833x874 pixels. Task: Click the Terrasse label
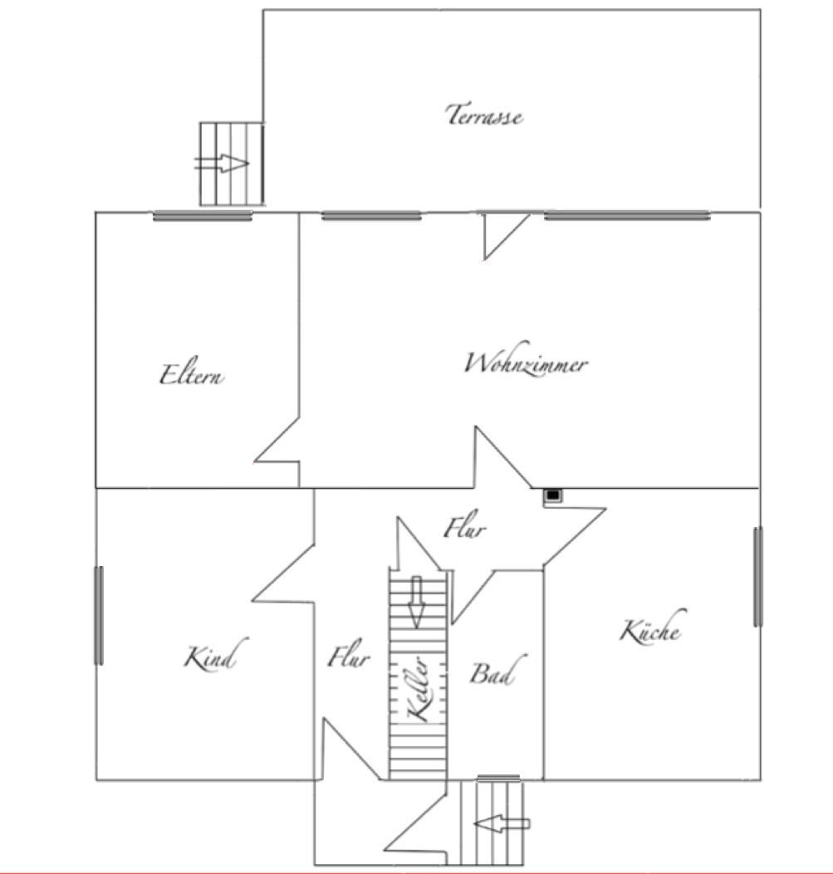486,115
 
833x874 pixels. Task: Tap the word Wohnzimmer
527,364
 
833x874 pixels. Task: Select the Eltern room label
192,375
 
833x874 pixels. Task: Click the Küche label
650,631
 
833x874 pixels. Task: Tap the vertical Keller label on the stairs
419,691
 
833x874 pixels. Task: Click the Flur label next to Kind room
348,658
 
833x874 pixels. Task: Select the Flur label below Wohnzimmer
464,528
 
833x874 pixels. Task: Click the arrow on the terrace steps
223,164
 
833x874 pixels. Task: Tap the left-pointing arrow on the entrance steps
502,823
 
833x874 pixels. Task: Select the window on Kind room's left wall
99,615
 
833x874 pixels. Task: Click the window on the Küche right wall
757,576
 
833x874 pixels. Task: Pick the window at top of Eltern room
202,217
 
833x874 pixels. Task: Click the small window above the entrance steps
498,778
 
